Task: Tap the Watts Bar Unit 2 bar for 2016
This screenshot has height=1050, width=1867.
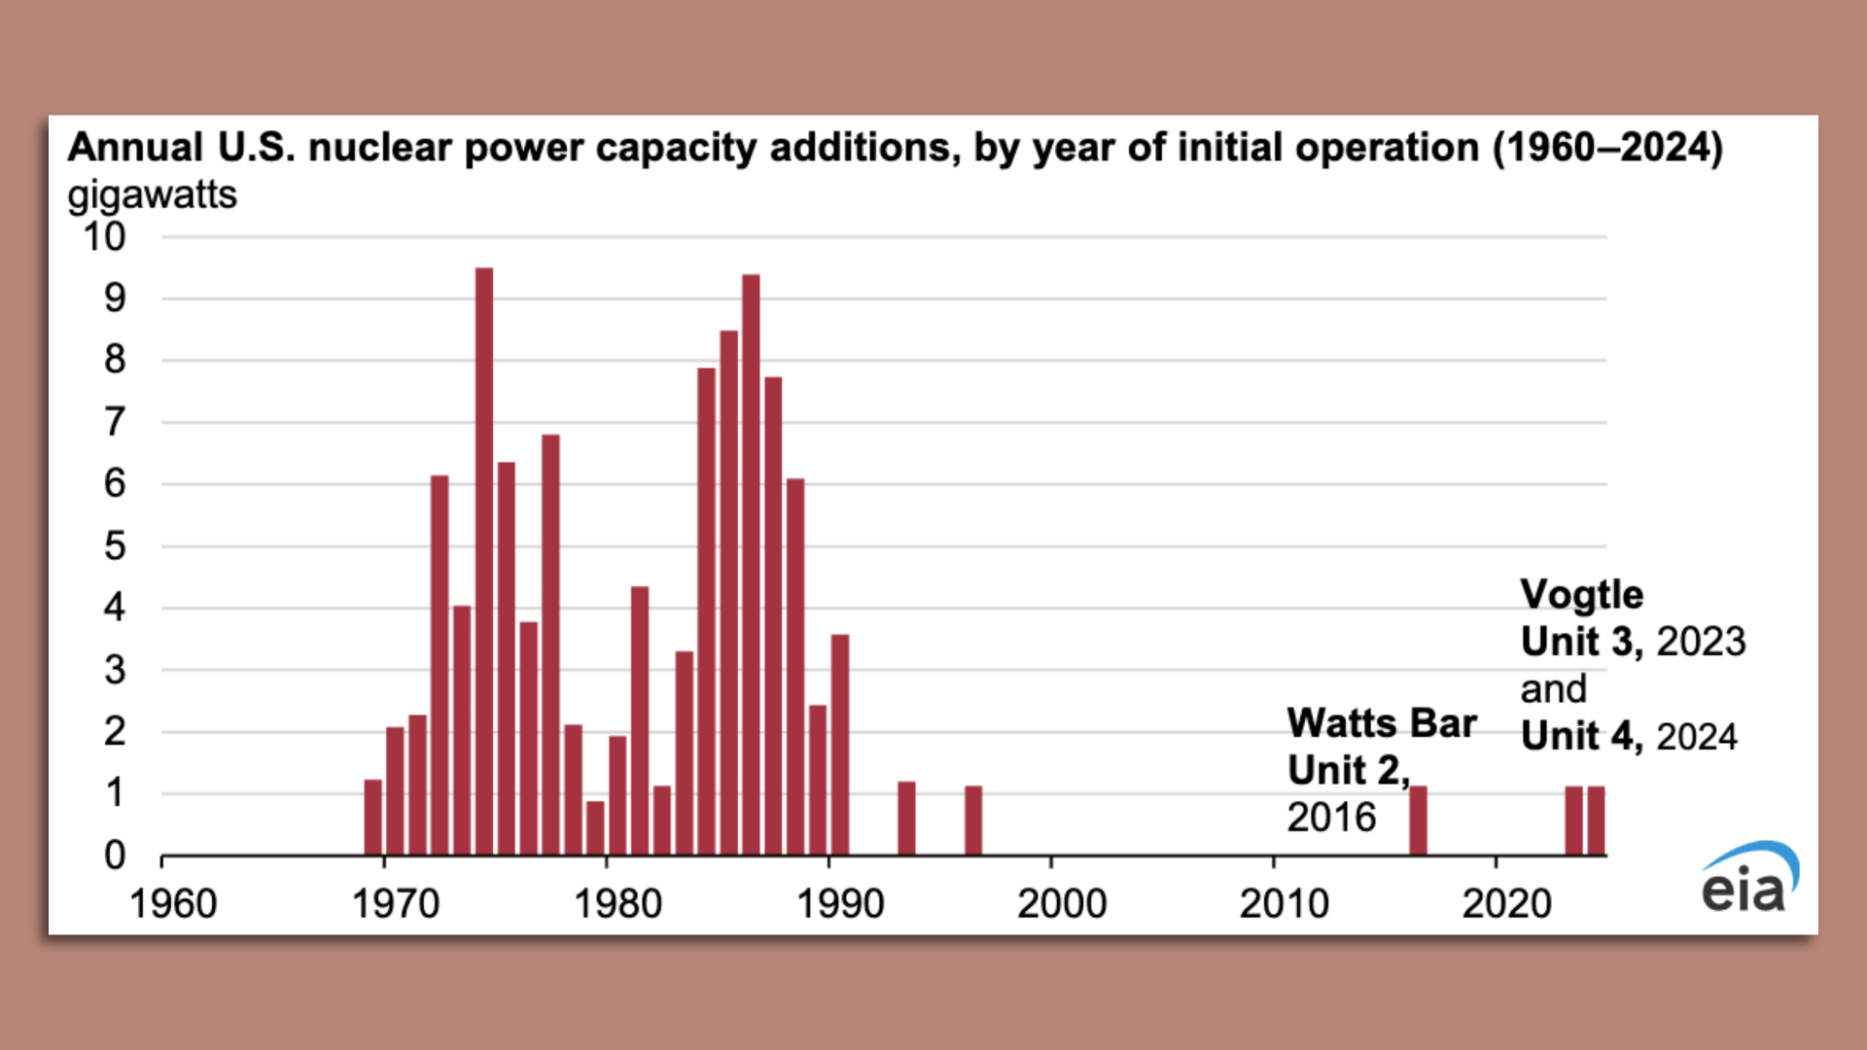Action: click(x=1418, y=821)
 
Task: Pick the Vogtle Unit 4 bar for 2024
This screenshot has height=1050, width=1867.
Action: click(x=1596, y=821)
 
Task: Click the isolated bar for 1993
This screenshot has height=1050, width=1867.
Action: click(x=906, y=819)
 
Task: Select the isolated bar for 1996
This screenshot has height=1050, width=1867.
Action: click(x=973, y=821)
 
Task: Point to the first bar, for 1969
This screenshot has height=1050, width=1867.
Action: click(x=372, y=818)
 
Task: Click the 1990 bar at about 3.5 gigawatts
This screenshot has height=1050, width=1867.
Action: click(x=840, y=745)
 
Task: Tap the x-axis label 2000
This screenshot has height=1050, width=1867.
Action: click(x=1062, y=904)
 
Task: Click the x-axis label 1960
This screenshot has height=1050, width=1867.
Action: click(x=173, y=904)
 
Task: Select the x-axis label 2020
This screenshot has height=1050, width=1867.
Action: click(x=1506, y=904)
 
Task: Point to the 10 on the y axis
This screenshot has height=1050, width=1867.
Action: click(x=104, y=237)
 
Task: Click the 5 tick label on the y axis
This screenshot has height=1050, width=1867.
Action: click(x=115, y=546)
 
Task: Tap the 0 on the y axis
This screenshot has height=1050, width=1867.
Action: click(x=115, y=856)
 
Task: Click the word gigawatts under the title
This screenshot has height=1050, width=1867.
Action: click(x=152, y=195)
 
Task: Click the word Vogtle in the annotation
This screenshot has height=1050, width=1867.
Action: click(x=1581, y=595)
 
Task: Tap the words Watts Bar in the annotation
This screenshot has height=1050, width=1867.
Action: click(x=1381, y=723)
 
